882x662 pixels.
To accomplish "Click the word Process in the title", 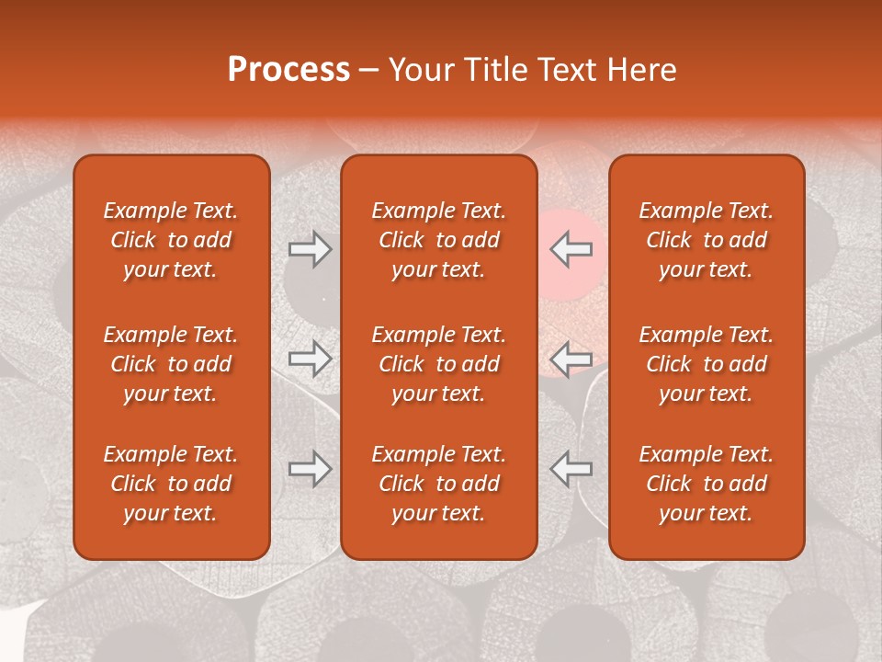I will click(288, 70).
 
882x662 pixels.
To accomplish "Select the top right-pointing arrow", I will click(311, 249).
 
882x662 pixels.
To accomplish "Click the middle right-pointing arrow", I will click(311, 359).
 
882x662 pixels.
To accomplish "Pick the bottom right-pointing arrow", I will click(311, 468).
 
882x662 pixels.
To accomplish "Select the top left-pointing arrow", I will click(571, 249).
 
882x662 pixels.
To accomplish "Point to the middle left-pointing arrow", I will click(571, 359).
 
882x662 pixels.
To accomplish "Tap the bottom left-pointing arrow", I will click(571, 468).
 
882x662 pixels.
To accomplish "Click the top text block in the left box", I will click(171, 240).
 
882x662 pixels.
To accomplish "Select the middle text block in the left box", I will click(171, 364).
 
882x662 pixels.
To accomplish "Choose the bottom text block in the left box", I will click(171, 484).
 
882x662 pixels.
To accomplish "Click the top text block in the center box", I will click(439, 240).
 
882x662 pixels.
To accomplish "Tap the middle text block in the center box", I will click(439, 364).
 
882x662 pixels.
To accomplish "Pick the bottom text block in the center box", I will click(439, 484).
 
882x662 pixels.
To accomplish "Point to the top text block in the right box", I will click(707, 240).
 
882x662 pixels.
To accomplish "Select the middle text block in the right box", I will click(707, 364).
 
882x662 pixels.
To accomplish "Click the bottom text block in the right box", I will click(707, 484).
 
